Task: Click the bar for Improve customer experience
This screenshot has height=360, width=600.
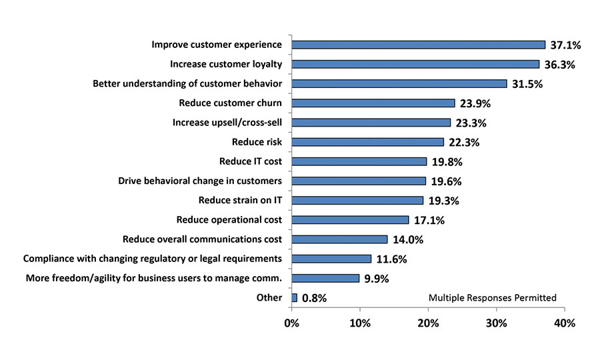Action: pyautogui.click(x=418, y=45)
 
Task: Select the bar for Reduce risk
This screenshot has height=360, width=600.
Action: pyautogui.click(x=367, y=142)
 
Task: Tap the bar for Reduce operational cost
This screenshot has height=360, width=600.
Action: pyautogui.click(x=350, y=220)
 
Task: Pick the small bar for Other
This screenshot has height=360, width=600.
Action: pyautogui.click(x=295, y=297)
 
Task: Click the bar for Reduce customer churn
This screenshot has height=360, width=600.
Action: pyautogui.click(x=373, y=103)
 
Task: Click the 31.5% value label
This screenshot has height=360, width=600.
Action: pyautogui.click(x=528, y=84)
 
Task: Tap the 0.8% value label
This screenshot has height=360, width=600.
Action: pyautogui.click(x=314, y=298)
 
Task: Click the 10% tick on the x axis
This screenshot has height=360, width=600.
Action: pyautogui.click(x=360, y=323)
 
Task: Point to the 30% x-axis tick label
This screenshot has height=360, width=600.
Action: pyautogui.click(x=496, y=323)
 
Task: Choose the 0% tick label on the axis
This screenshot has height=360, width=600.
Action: pyautogui.click(x=292, y=323)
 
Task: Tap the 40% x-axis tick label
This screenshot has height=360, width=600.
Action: pyautogui.click(x=564, y=323)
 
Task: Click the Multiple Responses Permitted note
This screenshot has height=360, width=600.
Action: pyautogui.click(x=492, y=297)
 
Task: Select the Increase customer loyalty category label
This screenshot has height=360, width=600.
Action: pyautogui.click(x=226, y=65)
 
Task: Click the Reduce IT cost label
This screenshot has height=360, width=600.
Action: pyautogui.click(x=251, y=161)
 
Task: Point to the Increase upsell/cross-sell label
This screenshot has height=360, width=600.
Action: pyautogui.click(x=227, y=123)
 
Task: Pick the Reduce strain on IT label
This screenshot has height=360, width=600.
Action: pyautogui.click(x=241, y=200)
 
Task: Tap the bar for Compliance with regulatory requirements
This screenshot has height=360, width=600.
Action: pyautogui.click(x=331, y=259)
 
